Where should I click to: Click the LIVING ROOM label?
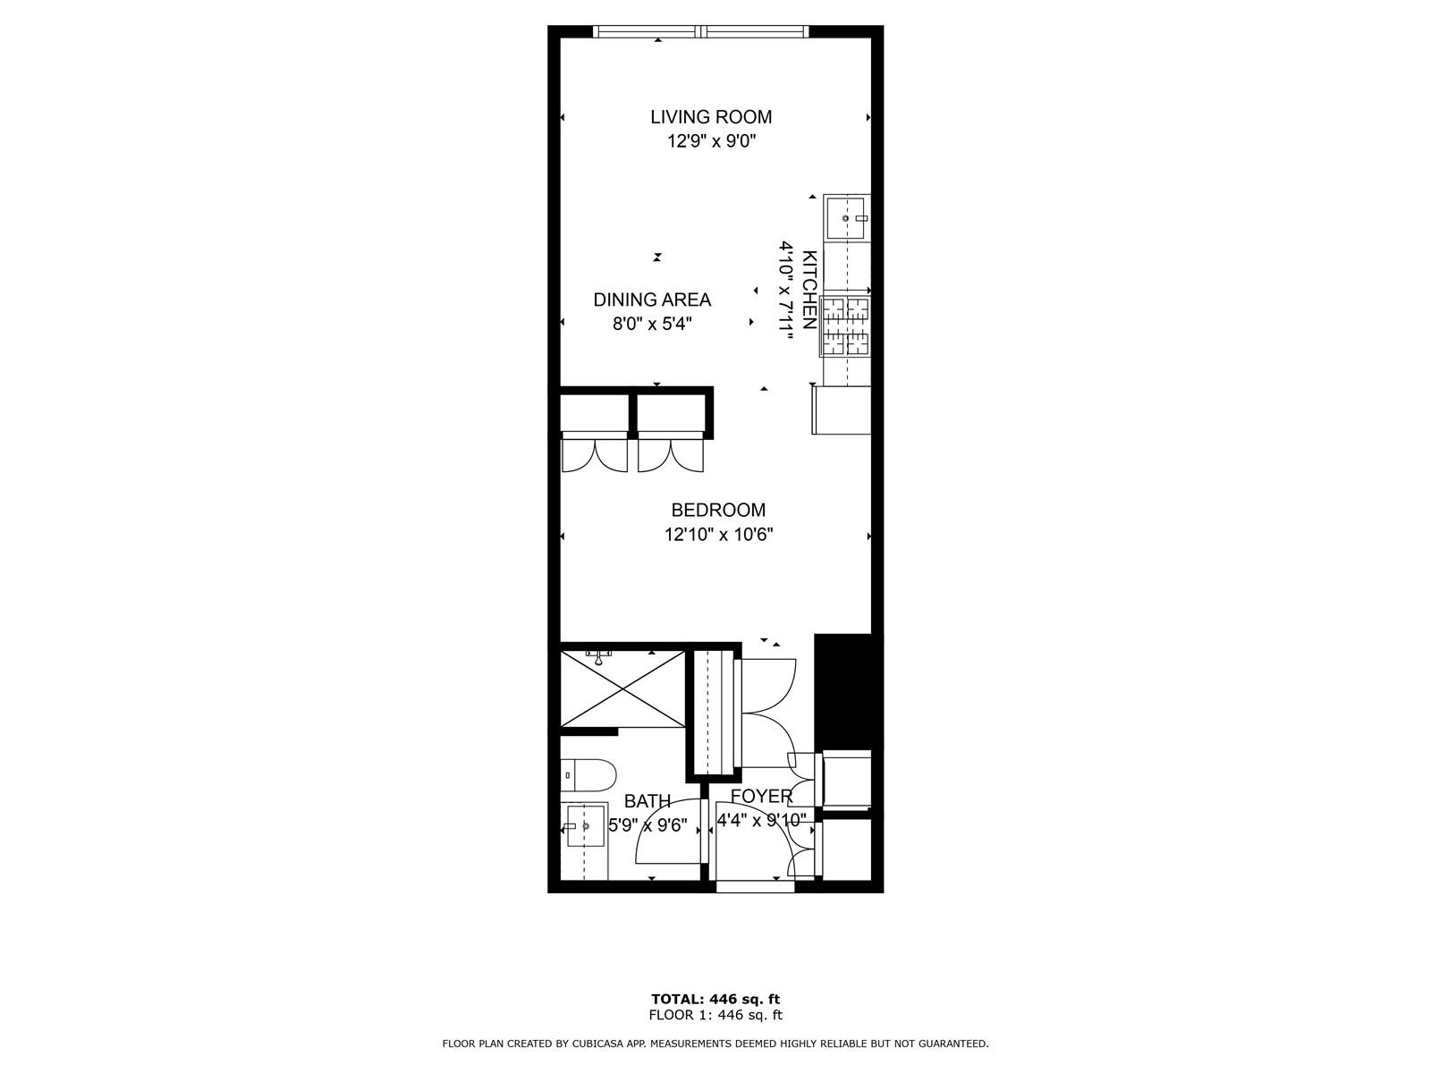[711, 116]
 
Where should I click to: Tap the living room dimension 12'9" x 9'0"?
[711, 140]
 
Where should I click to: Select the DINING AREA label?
[652, 300]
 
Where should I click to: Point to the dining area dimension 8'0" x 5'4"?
[652, 324]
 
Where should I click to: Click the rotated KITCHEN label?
[809, 290]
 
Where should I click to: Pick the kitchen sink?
[846, 218]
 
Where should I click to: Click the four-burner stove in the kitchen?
[845, 326]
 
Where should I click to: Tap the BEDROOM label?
[718, 510]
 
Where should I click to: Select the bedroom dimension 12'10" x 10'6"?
[718, 535]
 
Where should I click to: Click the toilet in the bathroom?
[588, 775]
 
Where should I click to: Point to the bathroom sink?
[585, 826]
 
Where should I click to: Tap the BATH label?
[648, 800]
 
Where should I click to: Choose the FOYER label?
[761, 796]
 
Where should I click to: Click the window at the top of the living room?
[701, 31]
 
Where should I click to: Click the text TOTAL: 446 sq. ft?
[715, 1000]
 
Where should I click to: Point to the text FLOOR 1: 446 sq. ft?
[715, 1015]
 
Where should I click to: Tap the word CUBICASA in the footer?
[597, 1043]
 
